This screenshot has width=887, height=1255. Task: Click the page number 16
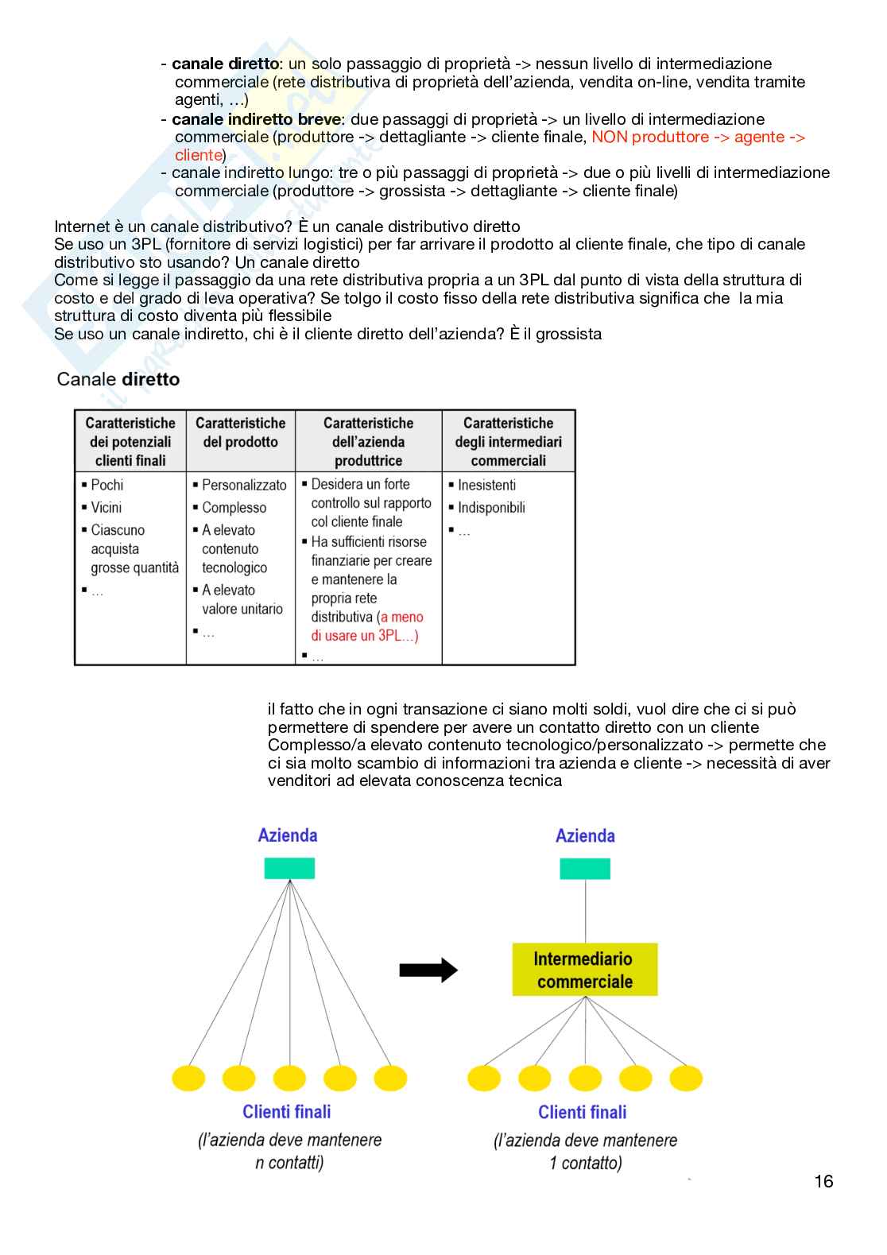(823, 1181)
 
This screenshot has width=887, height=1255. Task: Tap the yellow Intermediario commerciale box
(584, 970)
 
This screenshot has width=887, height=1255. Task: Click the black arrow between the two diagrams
(428, 970)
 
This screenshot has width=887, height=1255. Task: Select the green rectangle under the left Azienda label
(289, 868)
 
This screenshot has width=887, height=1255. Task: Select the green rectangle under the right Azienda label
(585, 869)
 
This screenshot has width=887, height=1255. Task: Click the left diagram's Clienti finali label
(287, 1112)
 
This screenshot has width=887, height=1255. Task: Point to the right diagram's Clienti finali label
(583, 1112)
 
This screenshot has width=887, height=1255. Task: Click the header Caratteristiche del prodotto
(241, 432)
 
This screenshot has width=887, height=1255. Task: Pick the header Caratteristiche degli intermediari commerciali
(508, 442)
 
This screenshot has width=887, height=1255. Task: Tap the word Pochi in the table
(107, 485)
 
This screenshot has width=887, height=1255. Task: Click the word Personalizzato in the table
(244, 485)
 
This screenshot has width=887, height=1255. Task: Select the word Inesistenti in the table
(486, 485)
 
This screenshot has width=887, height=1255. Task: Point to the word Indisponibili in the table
(491, 507)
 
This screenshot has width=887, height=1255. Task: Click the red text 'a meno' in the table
(402, 617)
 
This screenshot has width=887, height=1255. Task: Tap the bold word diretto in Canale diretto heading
(151, 379)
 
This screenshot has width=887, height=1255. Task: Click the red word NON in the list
(610, 137)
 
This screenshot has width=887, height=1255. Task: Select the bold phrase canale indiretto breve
(256, 119)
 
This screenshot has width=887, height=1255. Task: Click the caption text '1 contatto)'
(586, 1163)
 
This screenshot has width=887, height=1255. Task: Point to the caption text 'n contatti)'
(289, 1163)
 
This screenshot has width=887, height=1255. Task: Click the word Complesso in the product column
(234, 507)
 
